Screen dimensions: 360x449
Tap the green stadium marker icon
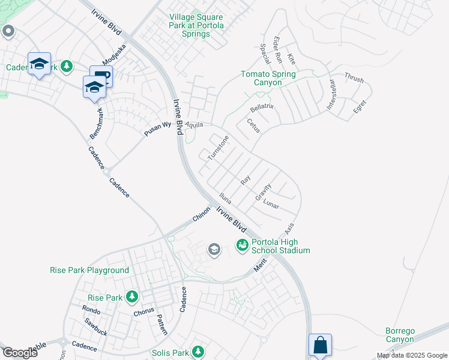click(x=243, y=245)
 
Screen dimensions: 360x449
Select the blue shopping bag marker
click(x=320, y=346)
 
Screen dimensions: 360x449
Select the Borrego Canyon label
click(x=400, y=335)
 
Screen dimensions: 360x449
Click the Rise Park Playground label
click(x=89, y=270)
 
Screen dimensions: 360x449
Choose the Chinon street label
click(x=202, y=214)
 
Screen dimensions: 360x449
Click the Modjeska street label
click(x=113, y=55)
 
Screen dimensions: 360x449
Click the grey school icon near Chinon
click(x=214, y=250)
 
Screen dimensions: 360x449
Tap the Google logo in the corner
click(x=20, y=353)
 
